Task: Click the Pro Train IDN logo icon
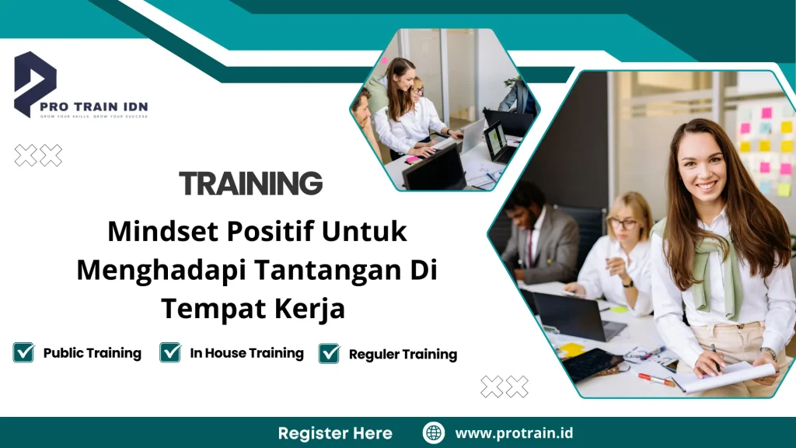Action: (34, 82)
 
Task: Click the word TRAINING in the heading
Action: (250, 184)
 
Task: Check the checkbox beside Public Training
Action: (23, 352)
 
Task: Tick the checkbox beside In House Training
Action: (170, 352)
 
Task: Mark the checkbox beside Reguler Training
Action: (330, 353)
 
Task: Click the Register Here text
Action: (335, 433)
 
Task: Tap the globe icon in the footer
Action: (434, 433)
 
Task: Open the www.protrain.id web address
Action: (514, 433)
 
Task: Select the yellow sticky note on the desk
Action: (573, 349)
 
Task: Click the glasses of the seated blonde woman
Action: (623, 224)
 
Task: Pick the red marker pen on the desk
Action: (655, 379)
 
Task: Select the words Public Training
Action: (92, 353)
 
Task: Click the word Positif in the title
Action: (257, 231)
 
